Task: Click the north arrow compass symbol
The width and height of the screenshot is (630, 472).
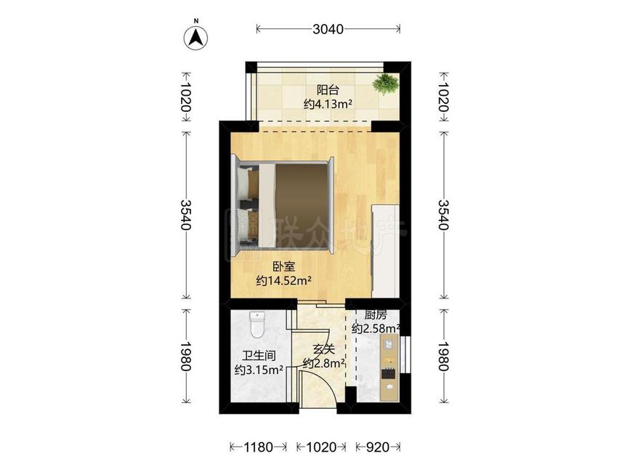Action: [x=195, y=38]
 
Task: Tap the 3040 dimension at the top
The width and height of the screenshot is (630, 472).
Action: [x=328, y=29]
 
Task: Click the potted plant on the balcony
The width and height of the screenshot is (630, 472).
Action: [x=385, y=84]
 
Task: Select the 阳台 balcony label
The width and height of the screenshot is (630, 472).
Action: [x=328, y=89]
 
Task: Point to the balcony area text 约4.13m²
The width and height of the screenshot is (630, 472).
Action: [x=328, y=105]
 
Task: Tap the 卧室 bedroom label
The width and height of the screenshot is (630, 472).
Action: [x=284, y=266]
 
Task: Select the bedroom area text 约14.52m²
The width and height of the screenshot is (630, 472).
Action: [x=284, y=280]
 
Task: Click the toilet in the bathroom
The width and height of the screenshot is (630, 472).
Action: [x=257, y=325]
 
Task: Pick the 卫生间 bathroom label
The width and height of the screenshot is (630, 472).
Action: [x=259, y=356]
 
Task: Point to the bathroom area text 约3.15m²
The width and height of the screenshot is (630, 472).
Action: [x=259, y=370]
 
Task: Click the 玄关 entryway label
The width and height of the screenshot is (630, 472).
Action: [x=324, y=349]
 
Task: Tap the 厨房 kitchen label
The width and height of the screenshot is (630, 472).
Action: [x=376, y=314]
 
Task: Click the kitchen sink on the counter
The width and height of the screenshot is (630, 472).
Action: [x=389, y=344]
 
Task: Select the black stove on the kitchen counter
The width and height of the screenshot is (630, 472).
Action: [x=389, y=374]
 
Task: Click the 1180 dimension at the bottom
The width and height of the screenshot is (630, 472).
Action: [x=259, y=447]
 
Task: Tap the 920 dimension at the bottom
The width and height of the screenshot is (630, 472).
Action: [x=378, y=447]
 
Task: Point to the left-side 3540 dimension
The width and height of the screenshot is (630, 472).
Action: [x=185, y=215]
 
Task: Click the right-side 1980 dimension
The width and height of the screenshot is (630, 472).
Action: [x=443, y=356]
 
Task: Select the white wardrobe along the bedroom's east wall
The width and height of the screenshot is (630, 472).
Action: [x=385, y=251]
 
